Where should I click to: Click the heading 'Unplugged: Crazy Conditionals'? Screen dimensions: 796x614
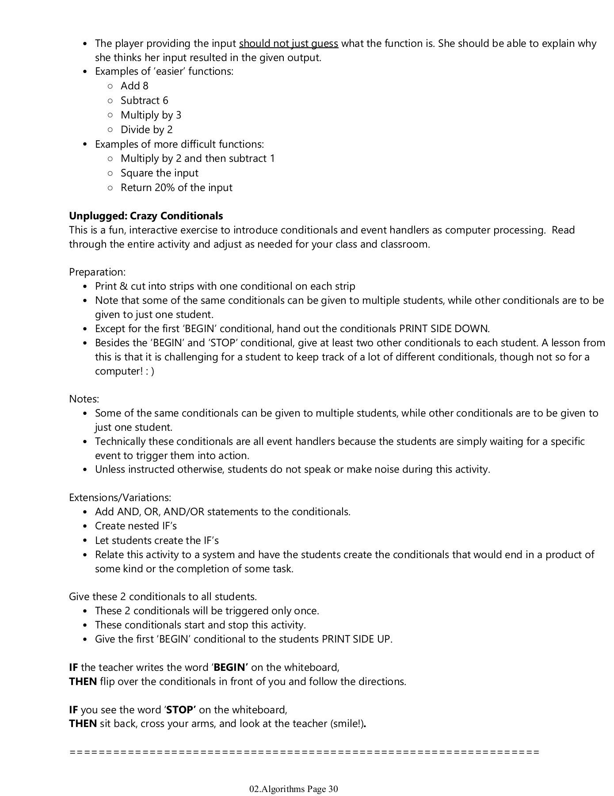click(146, 216)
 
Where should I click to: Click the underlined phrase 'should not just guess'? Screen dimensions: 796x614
click(288, 43)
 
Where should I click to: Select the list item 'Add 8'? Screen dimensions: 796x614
click(134, 86)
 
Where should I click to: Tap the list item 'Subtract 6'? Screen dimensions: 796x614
click(144, 100)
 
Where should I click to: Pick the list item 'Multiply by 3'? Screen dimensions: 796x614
click(151, 115)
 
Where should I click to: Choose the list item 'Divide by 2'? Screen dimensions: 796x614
click(146, 130)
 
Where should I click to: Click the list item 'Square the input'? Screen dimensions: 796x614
click(159, 173)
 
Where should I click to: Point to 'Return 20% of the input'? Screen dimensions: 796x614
click(176, 188)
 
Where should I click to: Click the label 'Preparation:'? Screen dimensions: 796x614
click(97, 272)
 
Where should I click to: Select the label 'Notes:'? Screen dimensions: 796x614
click(84, 399)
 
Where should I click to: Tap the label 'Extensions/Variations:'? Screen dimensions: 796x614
click(120, 497)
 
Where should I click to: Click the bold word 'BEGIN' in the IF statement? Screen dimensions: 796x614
click(230, 667)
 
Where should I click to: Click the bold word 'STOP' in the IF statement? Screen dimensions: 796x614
click(181, 710)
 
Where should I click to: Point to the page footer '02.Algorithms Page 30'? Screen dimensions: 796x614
click(294, 789)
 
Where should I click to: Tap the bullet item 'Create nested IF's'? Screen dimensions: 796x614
click(136, 526)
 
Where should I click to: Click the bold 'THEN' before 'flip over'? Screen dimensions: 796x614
click(83, 681)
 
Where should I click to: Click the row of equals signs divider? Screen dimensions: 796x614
click(304, 752)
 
